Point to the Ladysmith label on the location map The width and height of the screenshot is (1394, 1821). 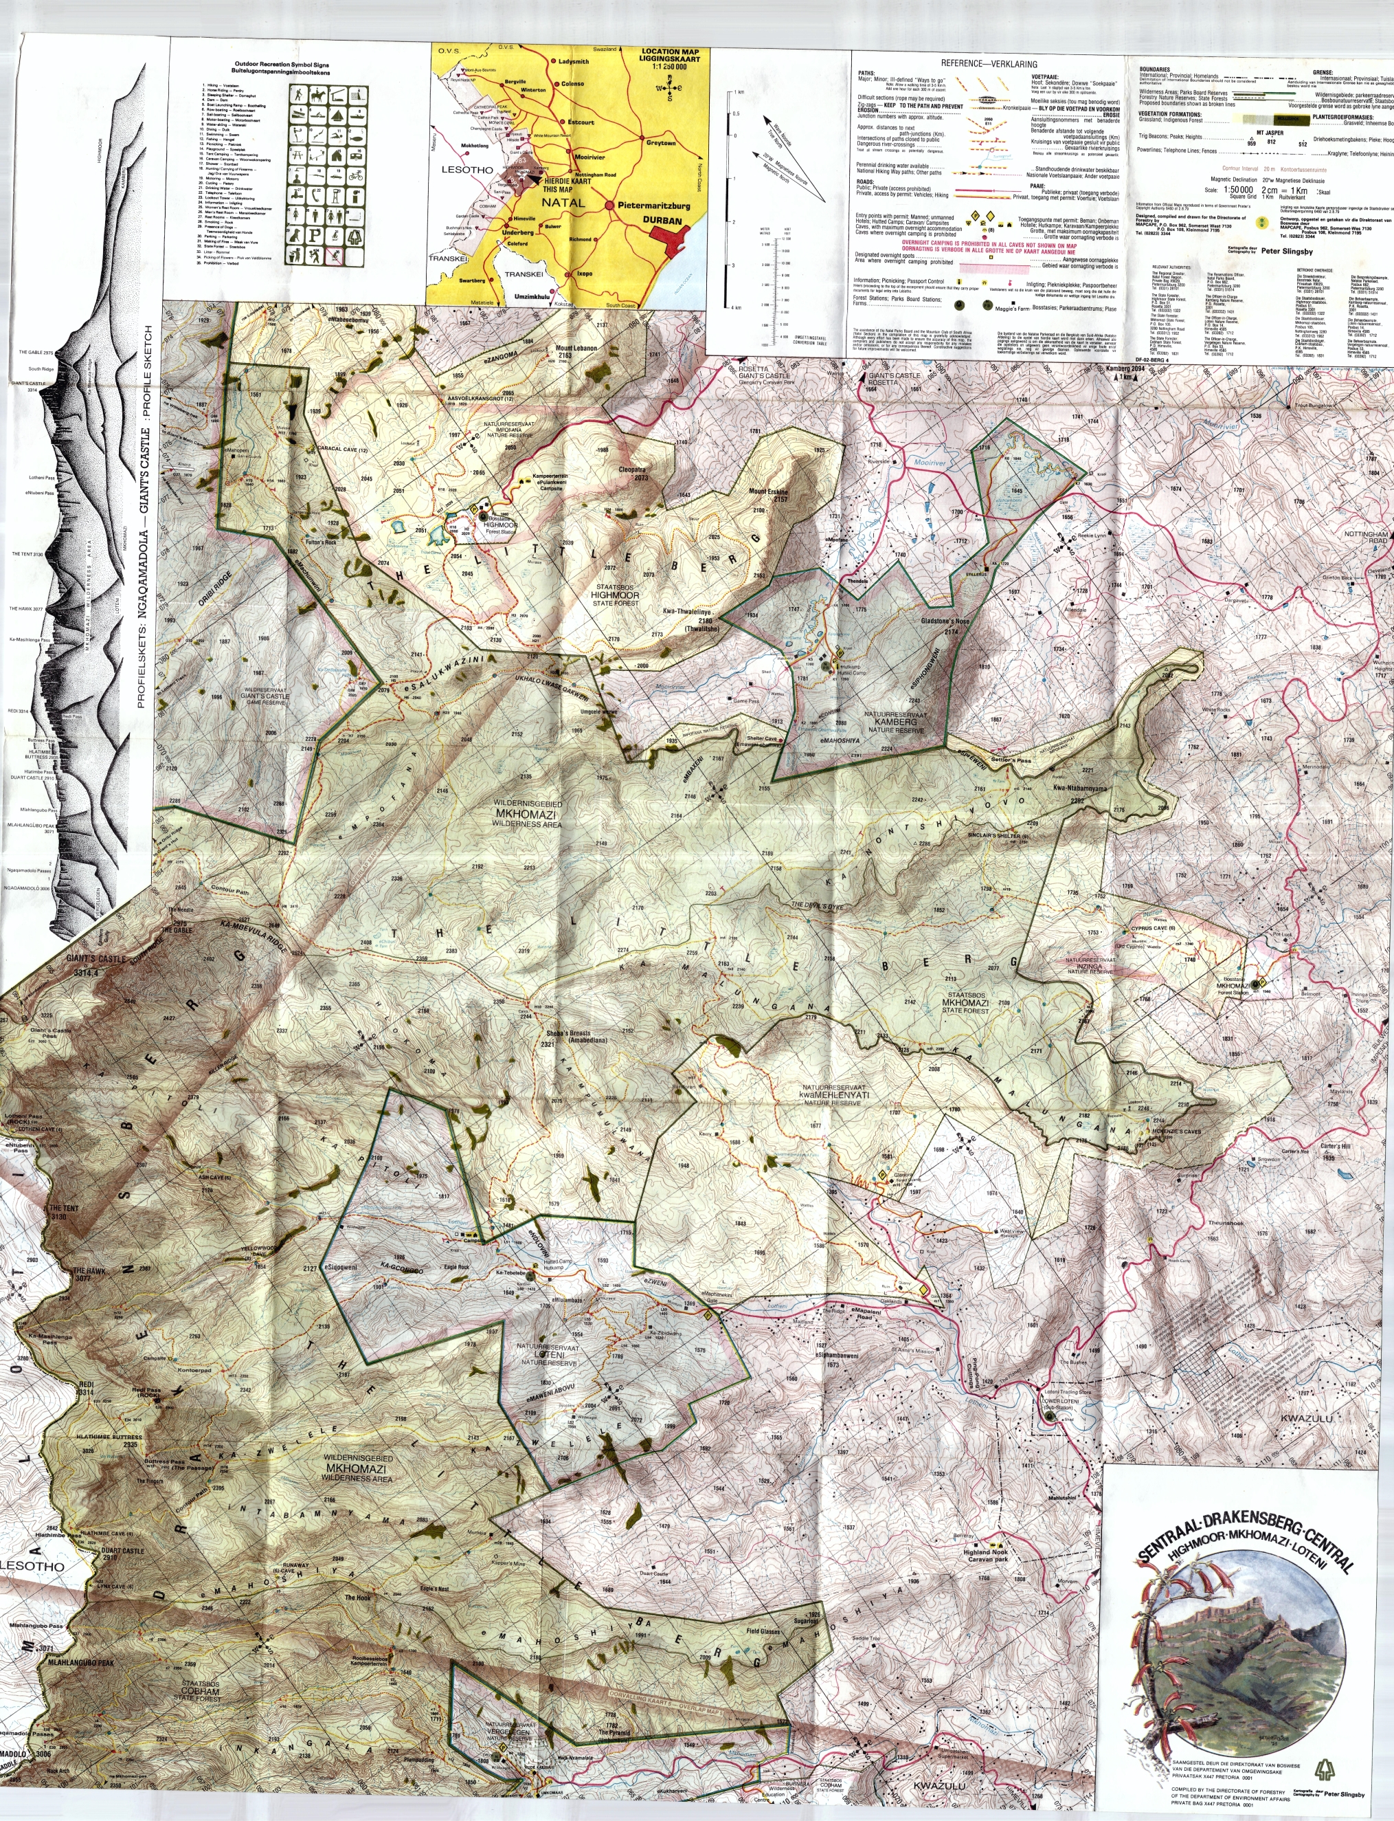574,61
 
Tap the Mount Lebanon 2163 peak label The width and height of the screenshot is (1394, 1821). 576,352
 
